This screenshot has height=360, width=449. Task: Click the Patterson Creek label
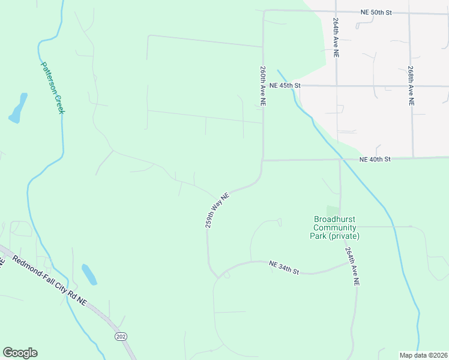pyautogui.click(x=53, y=88)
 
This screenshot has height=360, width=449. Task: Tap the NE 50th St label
pyautogui.click(x=376, y=12)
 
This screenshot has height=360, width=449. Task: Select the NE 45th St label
pyautogui.click(x=284, y=86)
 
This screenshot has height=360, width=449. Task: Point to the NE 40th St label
pyautogui.click(x=375, y=159)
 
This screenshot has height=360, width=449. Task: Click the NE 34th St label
pyautogui.click(x=284, y=267)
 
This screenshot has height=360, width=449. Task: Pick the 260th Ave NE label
pyautogui.click(x=263, y=86)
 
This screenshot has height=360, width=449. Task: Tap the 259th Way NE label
pyautogui.click(x=217, y=209)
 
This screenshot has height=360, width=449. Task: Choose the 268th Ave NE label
pyautogui.click(x=411, y=86)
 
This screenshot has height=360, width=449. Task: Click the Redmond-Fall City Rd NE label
pyautogui.click(x=50, y=281)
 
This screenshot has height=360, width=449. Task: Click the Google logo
pyautogui.click(x=20, y=353)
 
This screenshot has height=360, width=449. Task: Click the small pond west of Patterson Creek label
pyautogui.click(x=18, y=107)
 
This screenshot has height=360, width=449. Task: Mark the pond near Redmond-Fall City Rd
pyautogui.click(x=89, y=274)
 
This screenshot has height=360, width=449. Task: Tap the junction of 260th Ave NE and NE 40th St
pyautogui.click(x=263, y=160)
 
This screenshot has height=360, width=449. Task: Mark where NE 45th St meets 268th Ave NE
pyautogui.click(x=411, y=86)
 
